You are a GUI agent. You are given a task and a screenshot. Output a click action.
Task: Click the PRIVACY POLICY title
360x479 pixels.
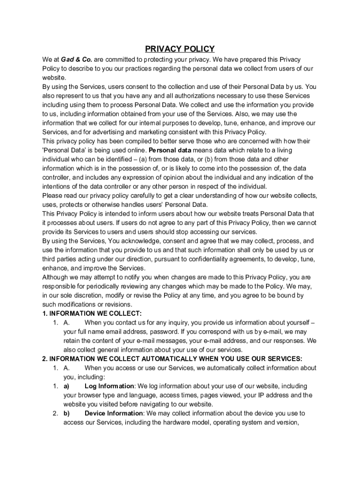tap(180, 49)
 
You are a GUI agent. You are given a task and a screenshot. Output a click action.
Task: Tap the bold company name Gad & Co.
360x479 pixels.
tap(77, 59)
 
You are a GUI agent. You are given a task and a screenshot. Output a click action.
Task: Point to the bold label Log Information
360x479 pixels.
tap(109, 386)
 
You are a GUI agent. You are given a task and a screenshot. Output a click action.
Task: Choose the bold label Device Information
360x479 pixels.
tap(114, 413)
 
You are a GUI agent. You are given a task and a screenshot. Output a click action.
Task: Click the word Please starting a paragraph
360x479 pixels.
tap(51, 196)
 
